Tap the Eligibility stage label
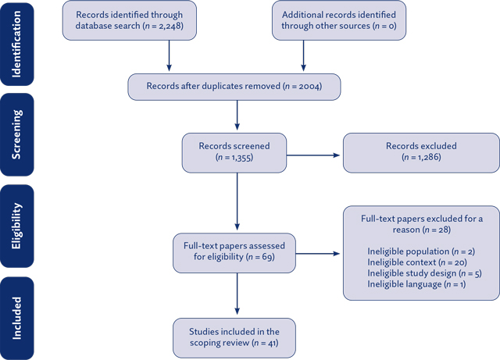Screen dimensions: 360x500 coord(18,227)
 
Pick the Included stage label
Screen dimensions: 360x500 coord(18,316)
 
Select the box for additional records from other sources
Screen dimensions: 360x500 coord(338,21)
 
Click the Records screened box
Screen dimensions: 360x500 coord(234,153)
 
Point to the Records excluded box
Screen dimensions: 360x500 coord(420,153)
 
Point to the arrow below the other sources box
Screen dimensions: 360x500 coord(302,56)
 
